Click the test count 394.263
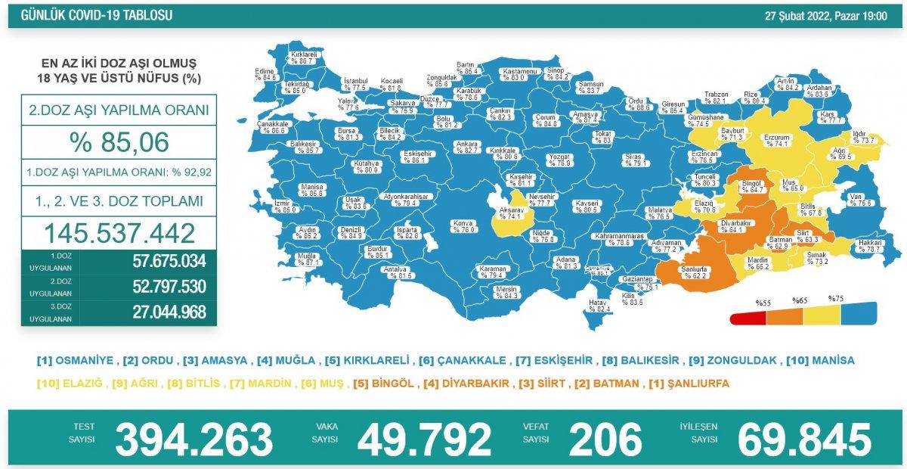tap(194, 439)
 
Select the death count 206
tap(605, 439)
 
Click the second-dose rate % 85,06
tap(119, 141)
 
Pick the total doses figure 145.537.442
tap(119, 233)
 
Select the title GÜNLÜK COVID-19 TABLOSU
tap(96, 15)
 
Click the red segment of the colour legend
tap(748, 318)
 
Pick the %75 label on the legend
tap(836, 299)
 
